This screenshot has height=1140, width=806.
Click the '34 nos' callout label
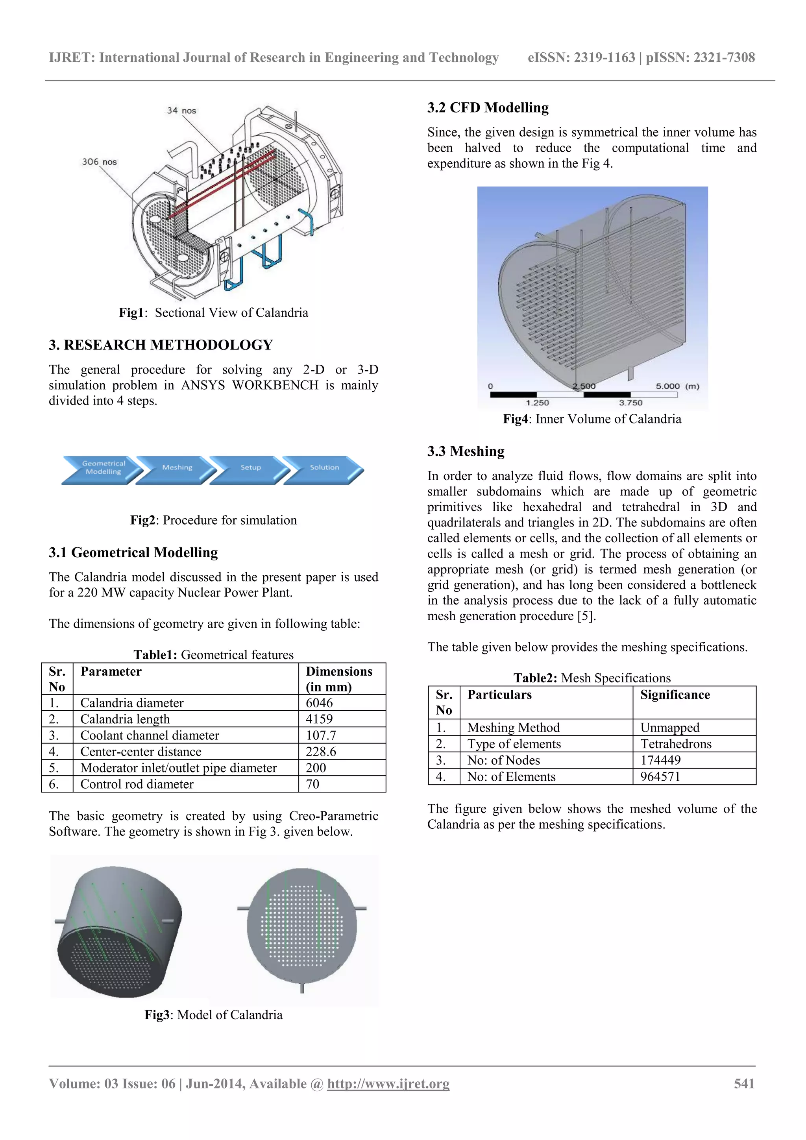181,110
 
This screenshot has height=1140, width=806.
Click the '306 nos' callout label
99,162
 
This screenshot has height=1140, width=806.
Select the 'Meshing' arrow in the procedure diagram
177,468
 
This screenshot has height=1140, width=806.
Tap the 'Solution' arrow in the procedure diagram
324,468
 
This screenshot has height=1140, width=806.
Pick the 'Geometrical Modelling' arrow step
103,468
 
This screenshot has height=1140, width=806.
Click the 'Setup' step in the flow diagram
251,468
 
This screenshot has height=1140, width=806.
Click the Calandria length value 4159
319,719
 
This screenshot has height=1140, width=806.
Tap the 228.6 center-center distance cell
321,752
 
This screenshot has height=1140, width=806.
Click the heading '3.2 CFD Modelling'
488,108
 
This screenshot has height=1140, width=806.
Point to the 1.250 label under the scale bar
537,403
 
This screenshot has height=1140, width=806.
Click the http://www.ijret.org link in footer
388,1083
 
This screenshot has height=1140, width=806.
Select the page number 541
744,1083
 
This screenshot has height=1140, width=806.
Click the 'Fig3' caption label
157,1015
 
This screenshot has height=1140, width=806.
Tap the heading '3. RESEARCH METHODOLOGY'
161,345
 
